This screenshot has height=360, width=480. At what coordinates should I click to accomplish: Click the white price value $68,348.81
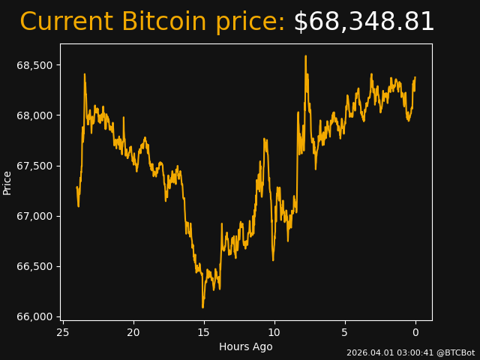364,22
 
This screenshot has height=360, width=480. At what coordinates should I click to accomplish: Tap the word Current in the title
67,22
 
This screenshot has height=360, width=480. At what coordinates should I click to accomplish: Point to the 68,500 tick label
34,65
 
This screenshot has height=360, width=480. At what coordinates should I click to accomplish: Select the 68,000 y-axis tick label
34,115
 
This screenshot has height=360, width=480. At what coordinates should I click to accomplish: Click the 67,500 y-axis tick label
34,166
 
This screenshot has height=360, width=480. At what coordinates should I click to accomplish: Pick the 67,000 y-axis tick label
34,216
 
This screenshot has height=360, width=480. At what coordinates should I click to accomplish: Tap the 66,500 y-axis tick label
34,266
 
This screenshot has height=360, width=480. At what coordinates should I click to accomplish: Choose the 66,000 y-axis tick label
34,316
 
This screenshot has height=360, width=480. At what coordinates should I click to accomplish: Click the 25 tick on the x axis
63,332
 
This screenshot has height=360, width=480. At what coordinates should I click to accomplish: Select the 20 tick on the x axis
133,332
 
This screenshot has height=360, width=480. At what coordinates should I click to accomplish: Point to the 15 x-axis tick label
204,332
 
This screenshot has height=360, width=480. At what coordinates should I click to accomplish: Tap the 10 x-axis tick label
274,332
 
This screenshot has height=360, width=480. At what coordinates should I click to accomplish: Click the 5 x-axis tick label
345,332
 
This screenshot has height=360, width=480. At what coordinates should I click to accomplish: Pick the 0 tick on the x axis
415,332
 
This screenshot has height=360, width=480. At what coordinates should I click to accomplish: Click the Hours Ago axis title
245,346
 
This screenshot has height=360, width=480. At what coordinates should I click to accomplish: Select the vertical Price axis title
7,182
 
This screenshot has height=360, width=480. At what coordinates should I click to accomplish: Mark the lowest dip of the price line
202,307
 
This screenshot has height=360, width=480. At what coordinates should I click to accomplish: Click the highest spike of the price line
306,56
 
